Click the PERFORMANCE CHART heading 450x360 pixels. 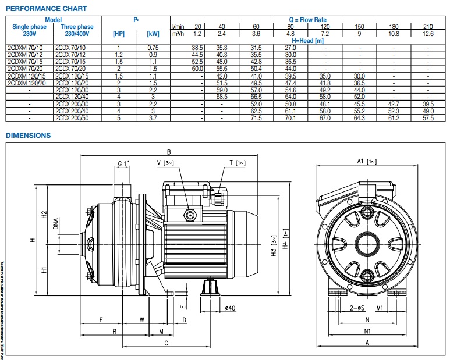[x=46, y=9]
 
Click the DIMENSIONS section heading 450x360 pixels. [x=28, y=136]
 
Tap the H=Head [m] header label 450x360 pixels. [x=307, y=41]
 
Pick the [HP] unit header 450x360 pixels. [x=118, y=34]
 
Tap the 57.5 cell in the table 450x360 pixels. [x=428, y=118]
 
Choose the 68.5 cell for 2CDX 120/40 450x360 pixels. [x=221, y=97]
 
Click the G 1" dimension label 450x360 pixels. [x=123, y=165]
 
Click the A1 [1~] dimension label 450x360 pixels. [x=367, y=161]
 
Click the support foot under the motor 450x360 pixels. [x=210, y=288]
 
